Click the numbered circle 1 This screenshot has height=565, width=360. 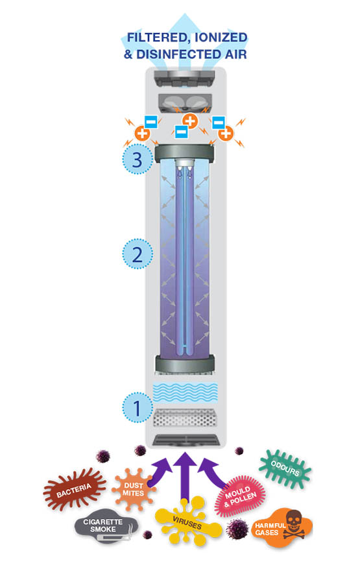pyautogui.click(x=138, y=407)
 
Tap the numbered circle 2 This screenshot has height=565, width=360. pyautogui.click(x=138, y=254)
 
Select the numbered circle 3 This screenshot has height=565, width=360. pyautogui.click(x=138, y=159)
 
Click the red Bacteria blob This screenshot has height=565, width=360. pyautogui.click(x=74, y=489)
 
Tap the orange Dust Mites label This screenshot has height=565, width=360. pyautogui.click(x=134, y=489)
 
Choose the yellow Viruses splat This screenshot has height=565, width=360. pyautogui.click(x=187, y=521)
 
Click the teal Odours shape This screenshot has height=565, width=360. pyautogui.click(x=285, y=468)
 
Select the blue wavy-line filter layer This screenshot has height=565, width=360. pyautogui.click(x=186, y=392)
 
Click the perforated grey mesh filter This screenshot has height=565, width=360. pyautogui.click(x=186, y=418)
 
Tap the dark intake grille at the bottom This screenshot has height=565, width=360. pyautogui.click(x=186, y=440)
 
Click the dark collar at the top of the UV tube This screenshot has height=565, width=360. pyautogui.click(x=184, y=153)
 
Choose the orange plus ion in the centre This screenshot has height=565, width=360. pyautogui.click(x=190, y=121)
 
